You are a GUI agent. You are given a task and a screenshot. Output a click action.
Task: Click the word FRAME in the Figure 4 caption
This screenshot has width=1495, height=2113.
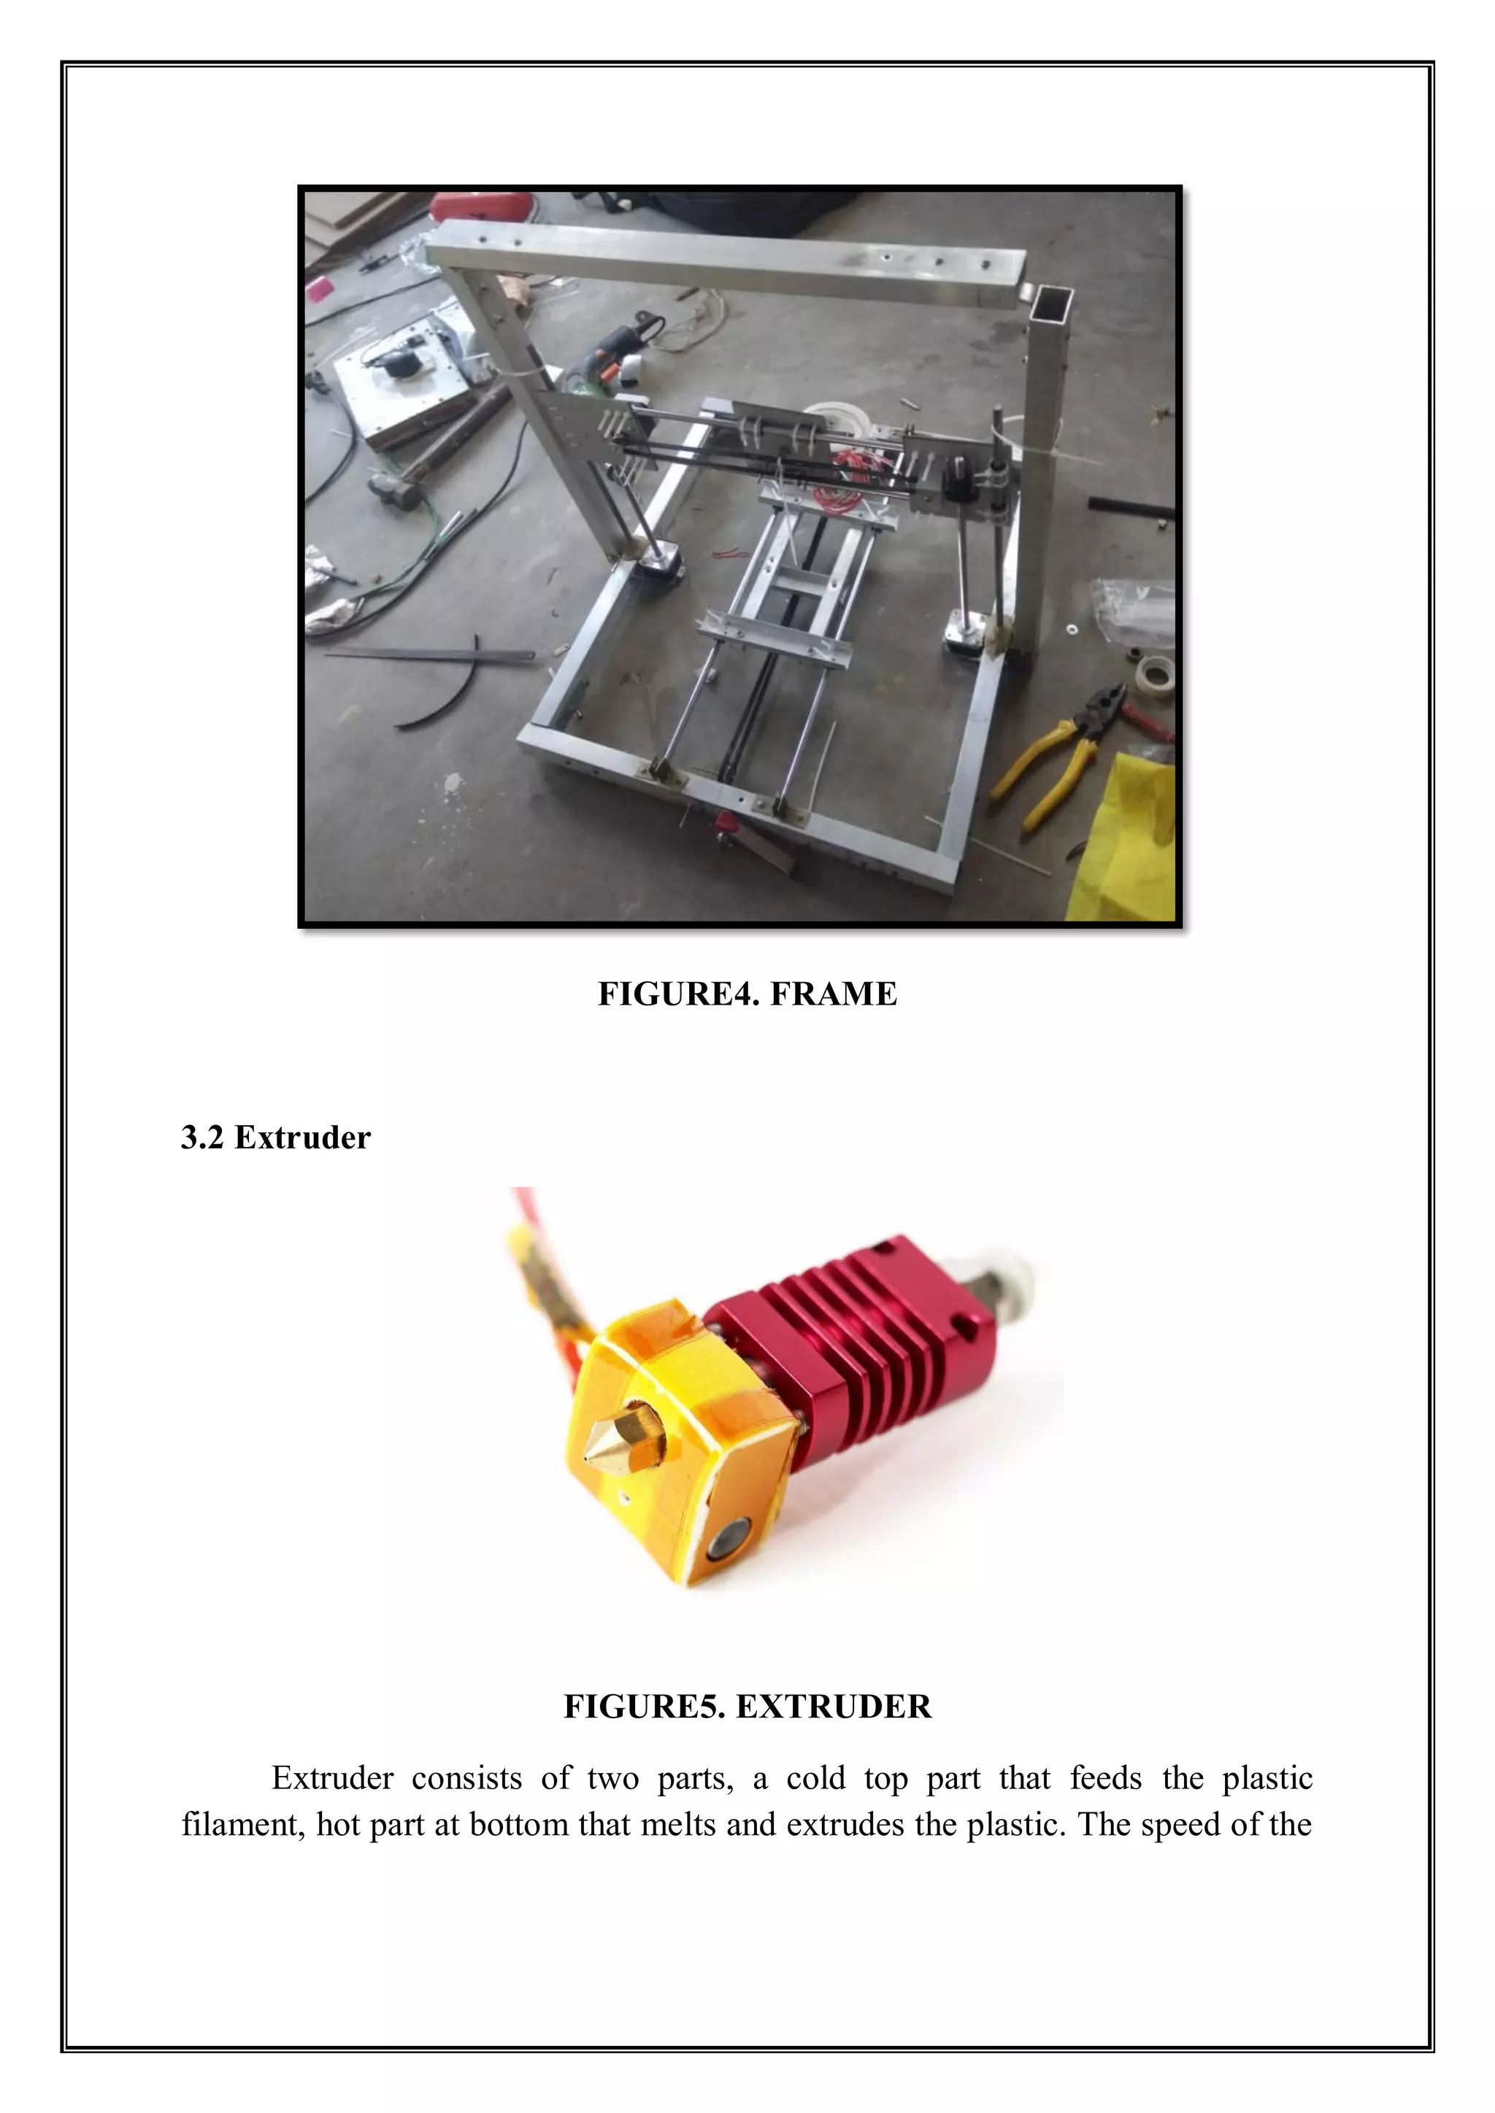(832, 994)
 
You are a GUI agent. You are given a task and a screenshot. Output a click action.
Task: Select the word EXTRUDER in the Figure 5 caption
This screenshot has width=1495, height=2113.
(834, 1707)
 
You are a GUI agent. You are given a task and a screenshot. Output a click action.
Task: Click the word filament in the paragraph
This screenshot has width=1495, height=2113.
(239, 1824)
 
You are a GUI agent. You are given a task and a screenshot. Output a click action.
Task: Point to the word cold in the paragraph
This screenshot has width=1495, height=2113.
(815, 1778)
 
